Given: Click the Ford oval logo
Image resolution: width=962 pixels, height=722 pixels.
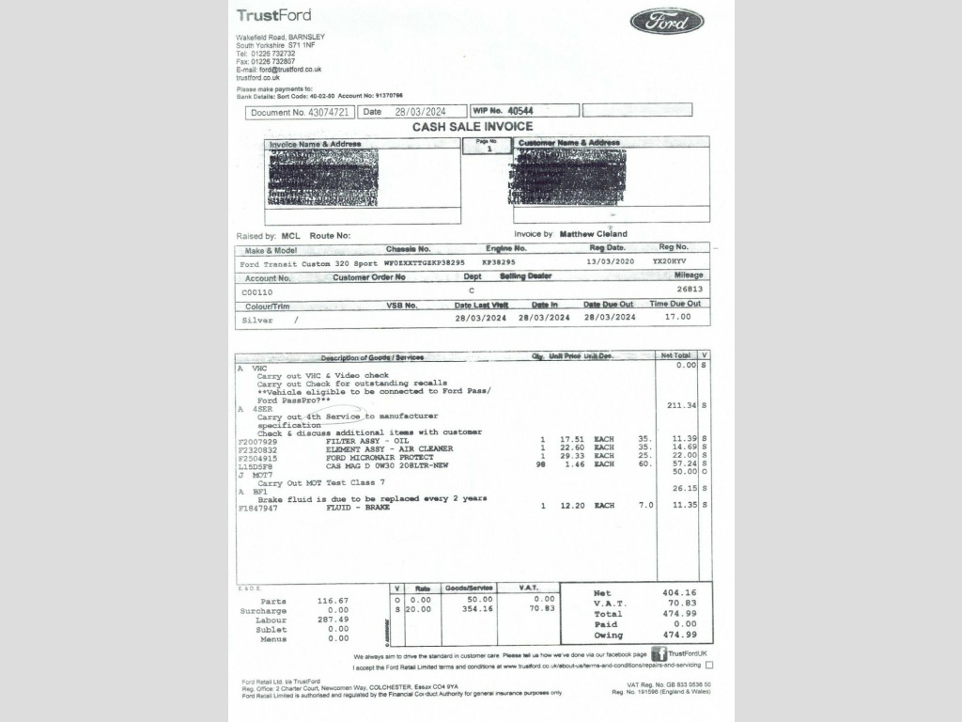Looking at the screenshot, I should coord(666,21).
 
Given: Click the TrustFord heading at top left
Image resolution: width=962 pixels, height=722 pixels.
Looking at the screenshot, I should coord(273,15).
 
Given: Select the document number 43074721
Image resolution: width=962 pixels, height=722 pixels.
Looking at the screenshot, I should coord(328,112).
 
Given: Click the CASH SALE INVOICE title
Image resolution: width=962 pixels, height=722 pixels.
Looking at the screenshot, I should coord(473,127).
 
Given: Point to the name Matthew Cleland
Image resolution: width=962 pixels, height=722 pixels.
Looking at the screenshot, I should coord(593,234).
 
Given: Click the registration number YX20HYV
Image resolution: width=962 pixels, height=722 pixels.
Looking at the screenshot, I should coord(669,262).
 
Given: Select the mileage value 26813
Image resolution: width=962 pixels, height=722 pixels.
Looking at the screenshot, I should coord(689,290).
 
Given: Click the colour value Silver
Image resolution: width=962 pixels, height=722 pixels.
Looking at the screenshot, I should coord(257,320).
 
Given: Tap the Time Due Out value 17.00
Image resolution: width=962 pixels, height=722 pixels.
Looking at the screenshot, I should coord(676,317).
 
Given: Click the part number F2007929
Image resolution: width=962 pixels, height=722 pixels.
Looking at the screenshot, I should coord(258,440).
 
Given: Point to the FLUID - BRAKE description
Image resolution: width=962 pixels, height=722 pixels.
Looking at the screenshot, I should coord(358,507).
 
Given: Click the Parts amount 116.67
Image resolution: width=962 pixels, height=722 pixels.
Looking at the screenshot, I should coord(333,601).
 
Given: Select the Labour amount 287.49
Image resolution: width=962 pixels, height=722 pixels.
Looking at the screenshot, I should coord(333,620).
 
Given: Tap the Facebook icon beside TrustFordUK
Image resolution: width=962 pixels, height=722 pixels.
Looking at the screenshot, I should coord(659,653).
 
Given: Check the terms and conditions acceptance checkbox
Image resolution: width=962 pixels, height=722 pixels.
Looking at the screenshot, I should coord(708,666).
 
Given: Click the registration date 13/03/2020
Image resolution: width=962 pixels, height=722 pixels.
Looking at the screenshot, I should coord(611,262).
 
